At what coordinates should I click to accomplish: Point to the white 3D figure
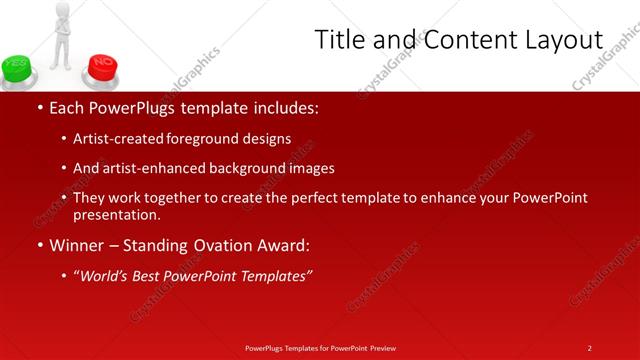click(x=62, y=35)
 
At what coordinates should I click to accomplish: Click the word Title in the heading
click(x=341, y=40)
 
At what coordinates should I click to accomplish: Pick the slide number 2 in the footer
click(x=589, y=347)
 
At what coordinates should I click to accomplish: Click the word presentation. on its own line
click(x=116, y=215)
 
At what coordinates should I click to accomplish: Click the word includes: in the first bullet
click(x=283, y=107)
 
